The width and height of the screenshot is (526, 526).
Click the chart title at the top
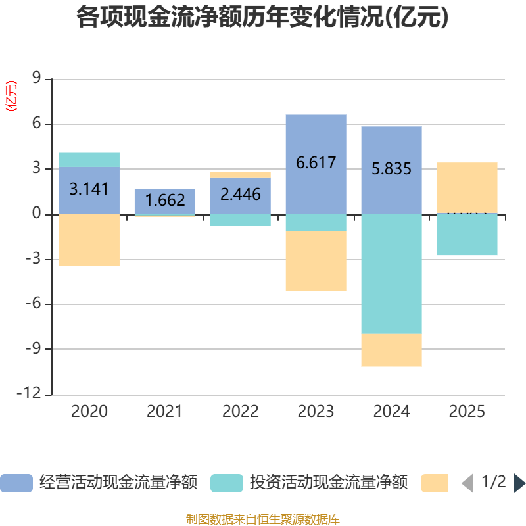click(x=262, y=18)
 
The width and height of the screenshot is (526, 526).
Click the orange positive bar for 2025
click(x=467, y=187)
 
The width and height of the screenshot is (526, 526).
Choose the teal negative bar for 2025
click(x=467, y=235)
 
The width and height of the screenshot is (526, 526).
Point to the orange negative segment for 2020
click(x=89, y=240)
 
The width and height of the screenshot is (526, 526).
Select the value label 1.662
click(x=165, y=200)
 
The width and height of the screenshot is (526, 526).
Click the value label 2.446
click(x=240, y=195)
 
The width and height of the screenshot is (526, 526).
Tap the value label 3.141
click(x=89, y=189)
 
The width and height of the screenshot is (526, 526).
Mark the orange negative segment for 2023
click(x=316, y=261)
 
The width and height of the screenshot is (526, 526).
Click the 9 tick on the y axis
click(x=37, y=79)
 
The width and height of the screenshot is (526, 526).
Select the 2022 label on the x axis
click(x=240, y=412)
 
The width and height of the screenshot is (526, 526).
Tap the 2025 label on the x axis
click(x=467, y=412)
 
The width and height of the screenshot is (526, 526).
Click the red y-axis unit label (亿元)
click(x=11, y=96)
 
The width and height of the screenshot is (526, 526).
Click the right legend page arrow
click(x=519, y=483)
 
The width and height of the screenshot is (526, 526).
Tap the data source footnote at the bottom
click(x=262, y=519)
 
